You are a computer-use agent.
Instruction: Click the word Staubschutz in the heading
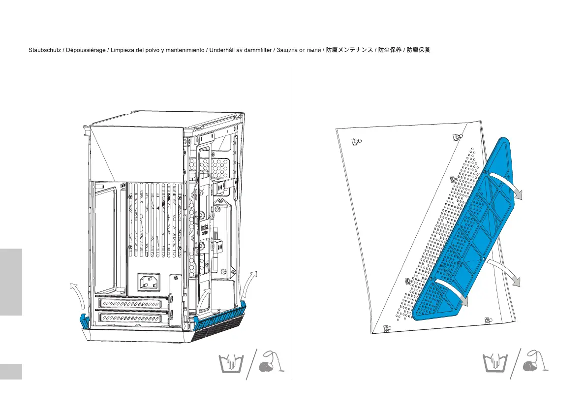pos(45,51)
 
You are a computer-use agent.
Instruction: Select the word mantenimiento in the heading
pos(185,51)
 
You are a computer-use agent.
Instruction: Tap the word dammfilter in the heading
pos(256,51)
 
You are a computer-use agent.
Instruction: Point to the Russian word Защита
pos(288,51)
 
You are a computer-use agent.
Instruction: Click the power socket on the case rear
pos(148,283)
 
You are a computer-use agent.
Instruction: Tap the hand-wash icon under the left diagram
pos(229,365)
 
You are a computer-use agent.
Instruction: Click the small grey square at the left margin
pos(11,372)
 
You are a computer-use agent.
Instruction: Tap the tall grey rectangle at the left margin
pos(11,282)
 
